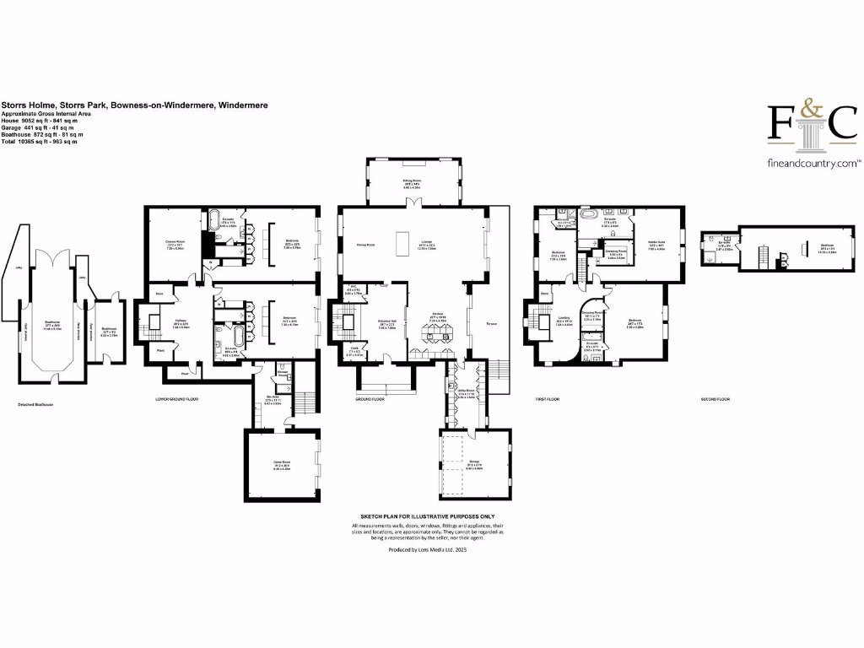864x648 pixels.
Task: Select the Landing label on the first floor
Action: pos(564,321)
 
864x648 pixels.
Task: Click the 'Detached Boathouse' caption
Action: pos(37,404)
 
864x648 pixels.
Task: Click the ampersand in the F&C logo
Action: pos(809,111)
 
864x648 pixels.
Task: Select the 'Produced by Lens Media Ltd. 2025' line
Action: pos(427,549)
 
